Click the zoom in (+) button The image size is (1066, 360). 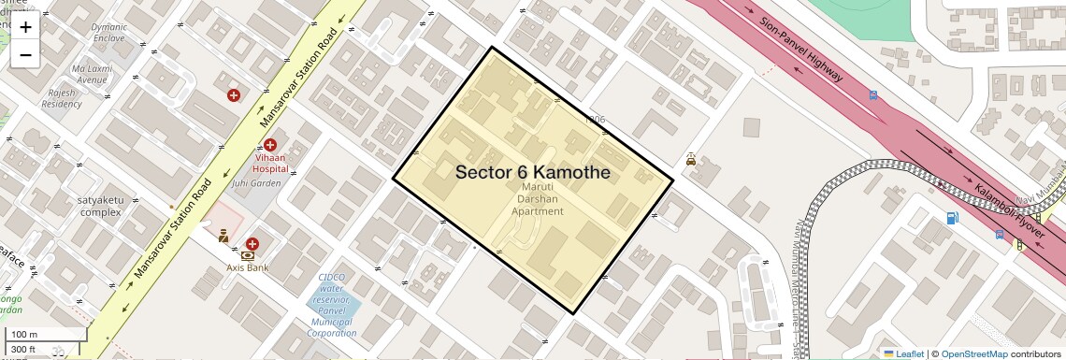(x=25, y=27)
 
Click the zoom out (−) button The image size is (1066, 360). (x=25, y=54)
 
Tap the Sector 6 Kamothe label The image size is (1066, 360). (x=532, y=173)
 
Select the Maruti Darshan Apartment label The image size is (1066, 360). (x=537, y=198)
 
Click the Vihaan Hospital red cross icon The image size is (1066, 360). (x=270, y=145)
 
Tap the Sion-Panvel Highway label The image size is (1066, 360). (x=801, y=50)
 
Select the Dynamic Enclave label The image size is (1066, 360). (x=108, y=33)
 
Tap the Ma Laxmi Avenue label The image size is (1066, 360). (x=91, y=74)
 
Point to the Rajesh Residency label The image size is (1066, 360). (x=62, y=98)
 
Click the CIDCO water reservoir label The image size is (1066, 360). (x=332, y=308)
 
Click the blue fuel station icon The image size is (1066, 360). (x=952, y=219)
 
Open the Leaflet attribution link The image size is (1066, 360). (x=903, y=354)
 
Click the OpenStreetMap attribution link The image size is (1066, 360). (x=973, y=354)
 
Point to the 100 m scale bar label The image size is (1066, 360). (x=24, y=334)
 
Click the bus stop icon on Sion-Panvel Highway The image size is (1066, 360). (x=872, y=94)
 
